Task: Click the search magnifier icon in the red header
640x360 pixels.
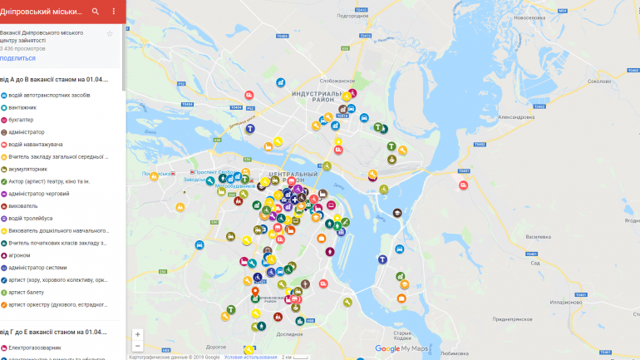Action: tap(96, 12)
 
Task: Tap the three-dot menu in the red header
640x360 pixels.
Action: tap(114, 12)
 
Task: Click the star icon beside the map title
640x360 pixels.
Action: tap(110, 33)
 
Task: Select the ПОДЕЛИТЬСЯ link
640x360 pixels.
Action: tap(17, 58)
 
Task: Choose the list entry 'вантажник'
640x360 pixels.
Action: tap(22, 107)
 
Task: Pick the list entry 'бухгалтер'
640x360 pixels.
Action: tap(22, 120)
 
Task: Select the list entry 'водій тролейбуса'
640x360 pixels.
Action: tap(32, 218)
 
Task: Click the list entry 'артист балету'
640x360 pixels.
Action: tap(27, 292)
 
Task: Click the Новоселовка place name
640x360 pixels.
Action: tap(532, 17)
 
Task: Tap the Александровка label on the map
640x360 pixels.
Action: tap(515, 118)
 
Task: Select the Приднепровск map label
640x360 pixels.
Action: tap(512, 319)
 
